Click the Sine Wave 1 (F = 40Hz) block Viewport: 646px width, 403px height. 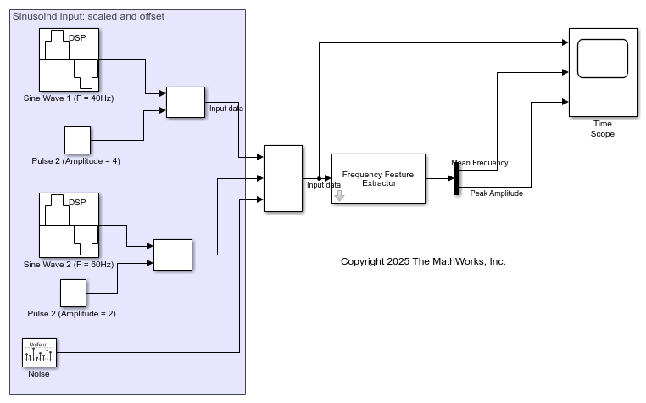click(x=69, y=59)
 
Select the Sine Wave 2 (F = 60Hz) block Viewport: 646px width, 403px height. click(x=69, y=224)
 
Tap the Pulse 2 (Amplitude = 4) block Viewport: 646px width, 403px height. click(x=77, y=140)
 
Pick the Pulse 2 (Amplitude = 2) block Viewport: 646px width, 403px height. click(x=73, y=292)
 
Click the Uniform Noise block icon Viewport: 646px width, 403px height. click(x=39, y=352)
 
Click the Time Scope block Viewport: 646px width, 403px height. click(x=603, y=72)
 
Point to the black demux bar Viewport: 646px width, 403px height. click(x=456, y=178)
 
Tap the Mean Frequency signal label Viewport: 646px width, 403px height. click(x=480, y=162)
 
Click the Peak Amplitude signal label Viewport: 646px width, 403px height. click(x=496, y=193)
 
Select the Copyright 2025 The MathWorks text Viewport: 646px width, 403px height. click(x=423, y=261)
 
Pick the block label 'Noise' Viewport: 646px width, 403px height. click(x=39, y=374)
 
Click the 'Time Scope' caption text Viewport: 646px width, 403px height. click(x=603, y=129)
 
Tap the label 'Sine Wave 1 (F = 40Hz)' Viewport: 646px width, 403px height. click(x=69, y=98)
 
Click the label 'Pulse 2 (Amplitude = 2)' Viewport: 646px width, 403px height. click(x=72, y=314)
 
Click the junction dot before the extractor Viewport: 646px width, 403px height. click(x=318, y=178)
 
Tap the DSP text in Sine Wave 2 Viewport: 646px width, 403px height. click(x=77, y=202)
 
